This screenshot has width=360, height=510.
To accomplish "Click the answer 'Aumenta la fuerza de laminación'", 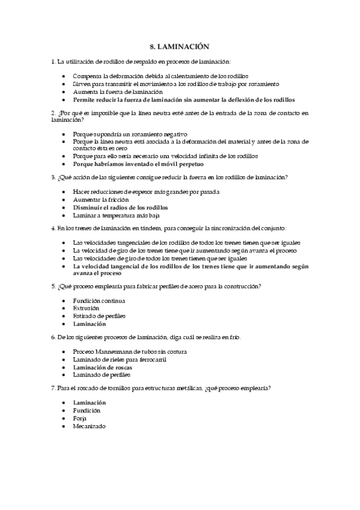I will tap(109, 92).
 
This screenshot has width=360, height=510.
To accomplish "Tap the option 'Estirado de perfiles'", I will tap(99, 316).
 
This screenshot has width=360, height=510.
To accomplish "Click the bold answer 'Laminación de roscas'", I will tap(103, 367).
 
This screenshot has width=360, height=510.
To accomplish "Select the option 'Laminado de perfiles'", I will tap(101, 375).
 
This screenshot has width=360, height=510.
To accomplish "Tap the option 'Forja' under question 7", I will tap(80, 418).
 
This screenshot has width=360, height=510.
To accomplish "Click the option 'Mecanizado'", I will tap(89, 426).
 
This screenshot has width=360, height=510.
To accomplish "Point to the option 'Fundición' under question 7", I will tap(87, 410).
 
